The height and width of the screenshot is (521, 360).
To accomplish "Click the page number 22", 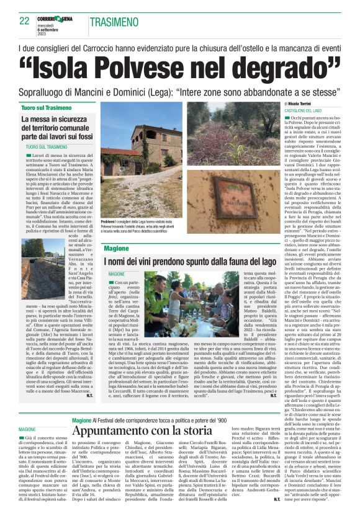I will [24, 20].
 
